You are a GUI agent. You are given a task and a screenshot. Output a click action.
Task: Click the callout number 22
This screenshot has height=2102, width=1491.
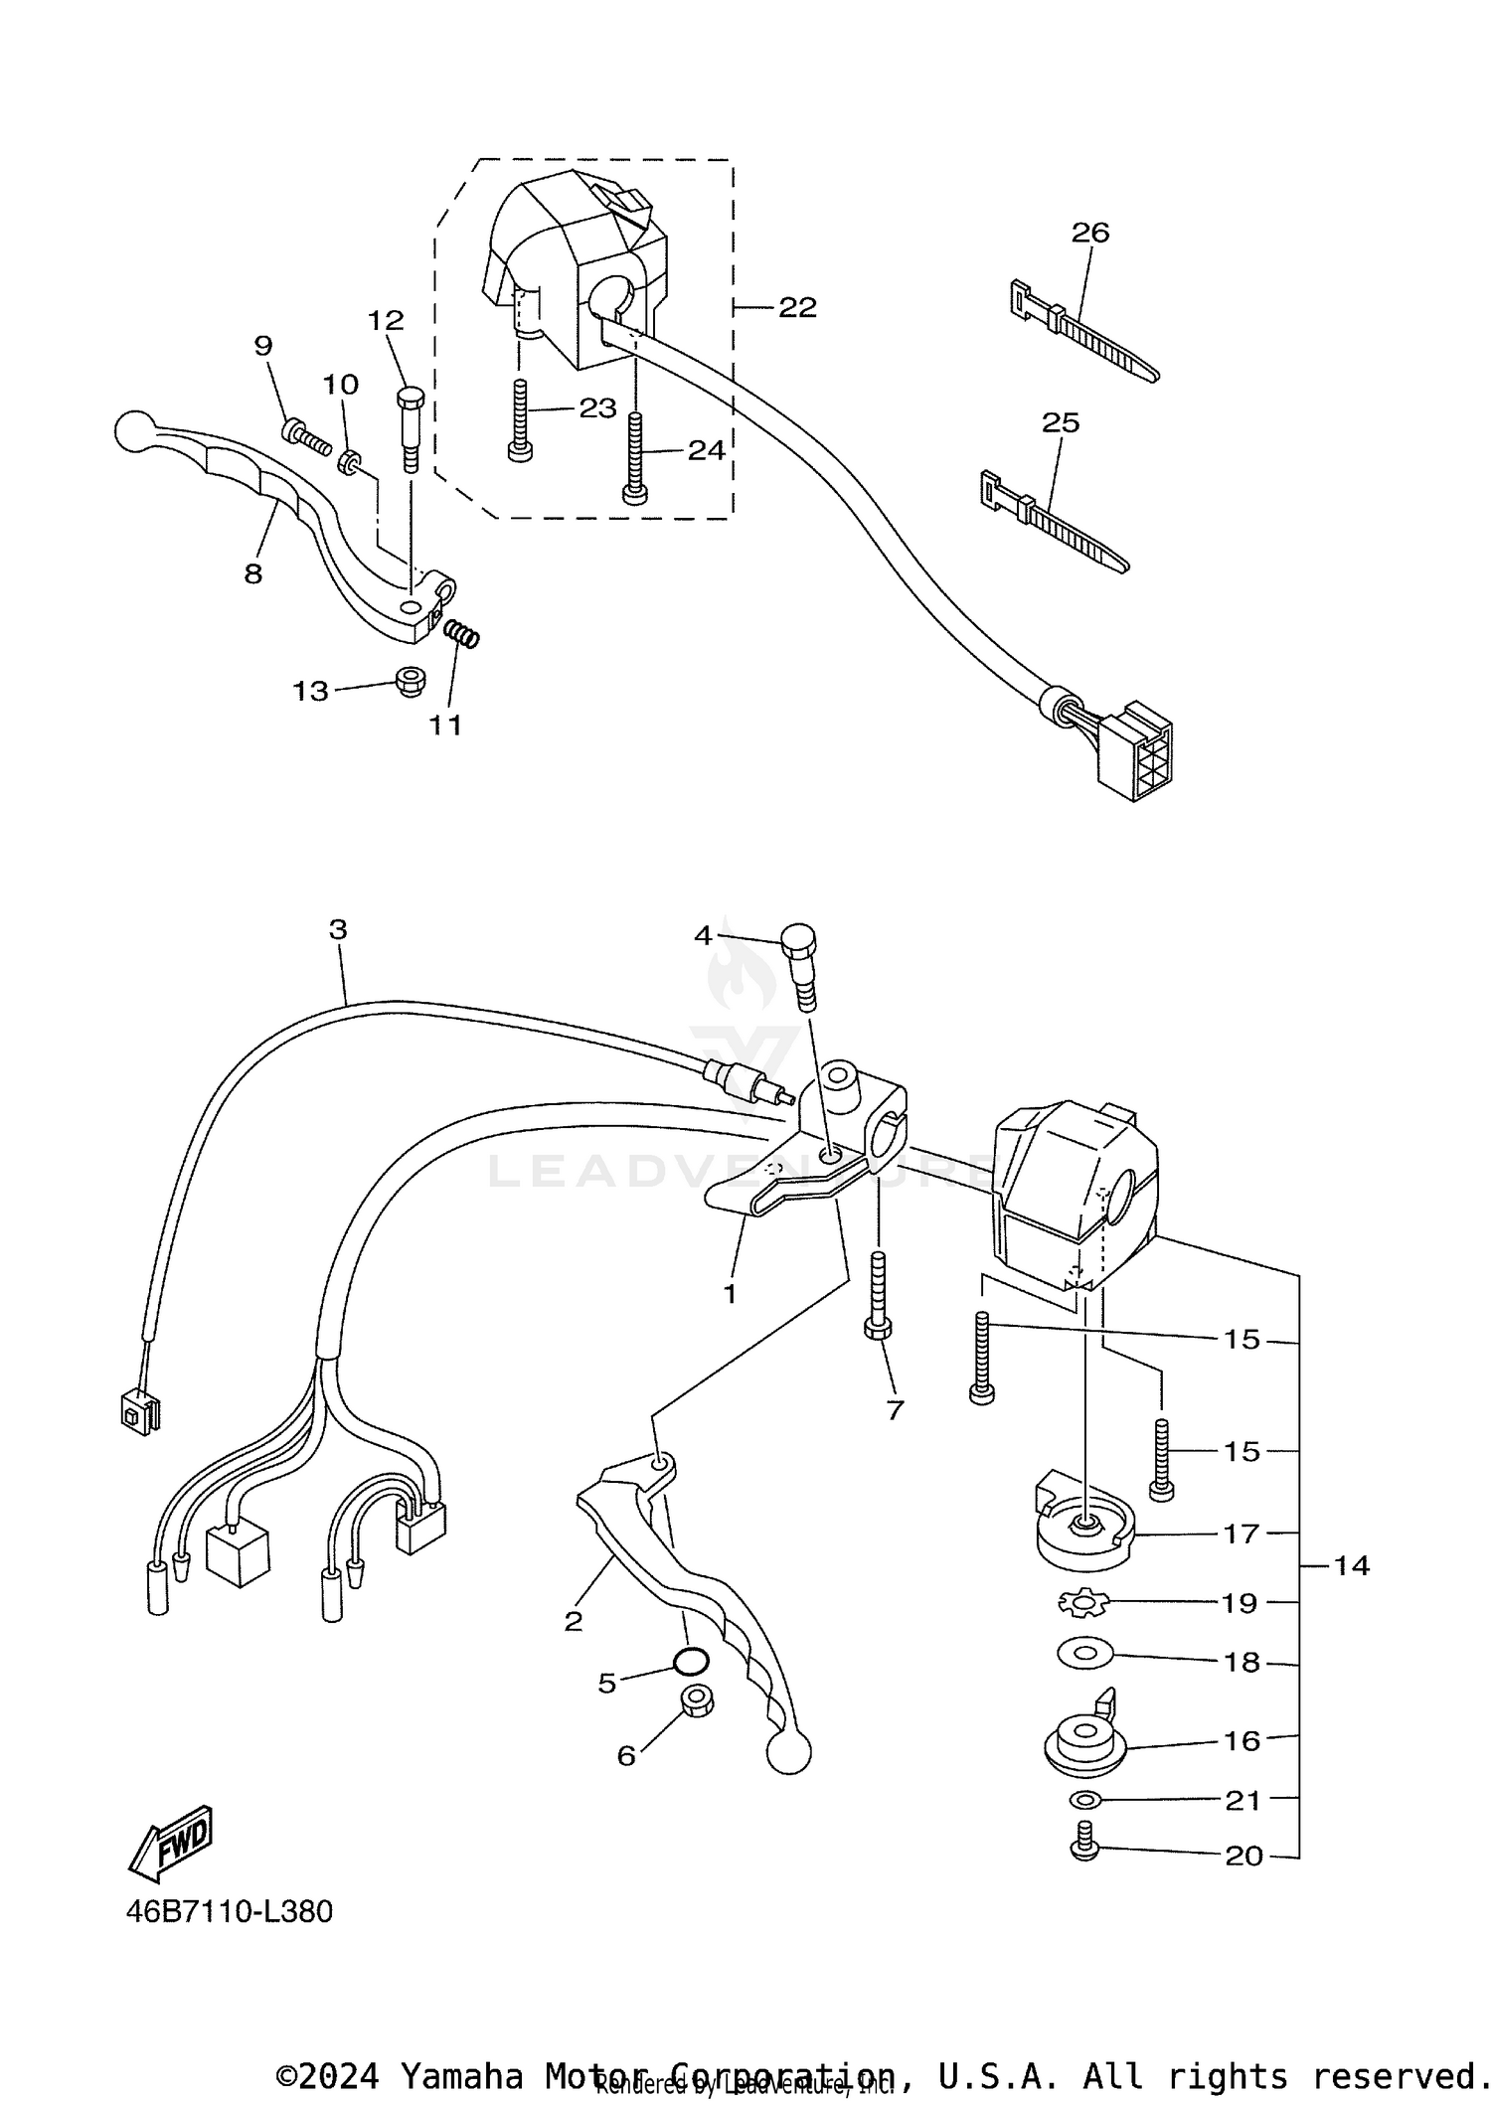point(796,308)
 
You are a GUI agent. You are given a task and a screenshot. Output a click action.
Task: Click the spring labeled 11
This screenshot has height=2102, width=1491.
point(461,633)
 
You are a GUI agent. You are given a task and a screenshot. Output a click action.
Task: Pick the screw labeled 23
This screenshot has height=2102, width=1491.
point(519,422)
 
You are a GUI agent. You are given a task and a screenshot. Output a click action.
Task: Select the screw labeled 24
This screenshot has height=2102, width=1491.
point(634,457)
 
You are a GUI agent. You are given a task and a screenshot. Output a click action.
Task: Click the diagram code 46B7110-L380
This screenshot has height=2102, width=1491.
point(229,1911)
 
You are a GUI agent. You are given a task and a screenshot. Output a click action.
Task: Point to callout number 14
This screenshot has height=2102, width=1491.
point(1351,1566)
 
